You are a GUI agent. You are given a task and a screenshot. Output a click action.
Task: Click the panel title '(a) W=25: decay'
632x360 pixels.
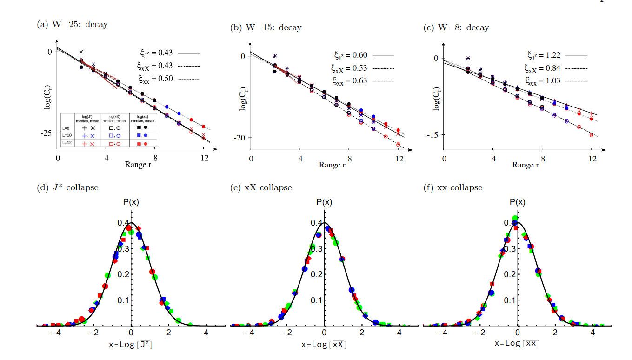tap(72, 24)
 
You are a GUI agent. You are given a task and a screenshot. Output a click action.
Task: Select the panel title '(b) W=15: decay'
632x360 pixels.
tap(266, 27)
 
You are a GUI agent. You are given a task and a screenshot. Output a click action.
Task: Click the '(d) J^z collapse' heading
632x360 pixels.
tap(67, 187)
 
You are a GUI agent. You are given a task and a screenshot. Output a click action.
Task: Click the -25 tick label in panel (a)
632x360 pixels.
tap(46, 133)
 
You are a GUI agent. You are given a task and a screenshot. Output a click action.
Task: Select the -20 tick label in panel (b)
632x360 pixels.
tap(239, 138)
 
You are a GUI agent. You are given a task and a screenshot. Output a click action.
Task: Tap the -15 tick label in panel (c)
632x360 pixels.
tap(432, 134)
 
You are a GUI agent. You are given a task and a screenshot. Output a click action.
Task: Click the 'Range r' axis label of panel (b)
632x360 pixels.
tap(333, 165)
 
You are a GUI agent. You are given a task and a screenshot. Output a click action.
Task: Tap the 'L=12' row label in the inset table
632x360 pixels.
tap(67, 143)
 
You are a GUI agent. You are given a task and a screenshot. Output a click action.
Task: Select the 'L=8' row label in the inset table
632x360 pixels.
tap(67, 127)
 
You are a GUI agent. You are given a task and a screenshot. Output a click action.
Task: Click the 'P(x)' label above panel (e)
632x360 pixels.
tap(325, 202)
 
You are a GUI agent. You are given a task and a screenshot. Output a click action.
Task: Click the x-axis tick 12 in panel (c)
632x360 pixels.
tap(592, 159)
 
